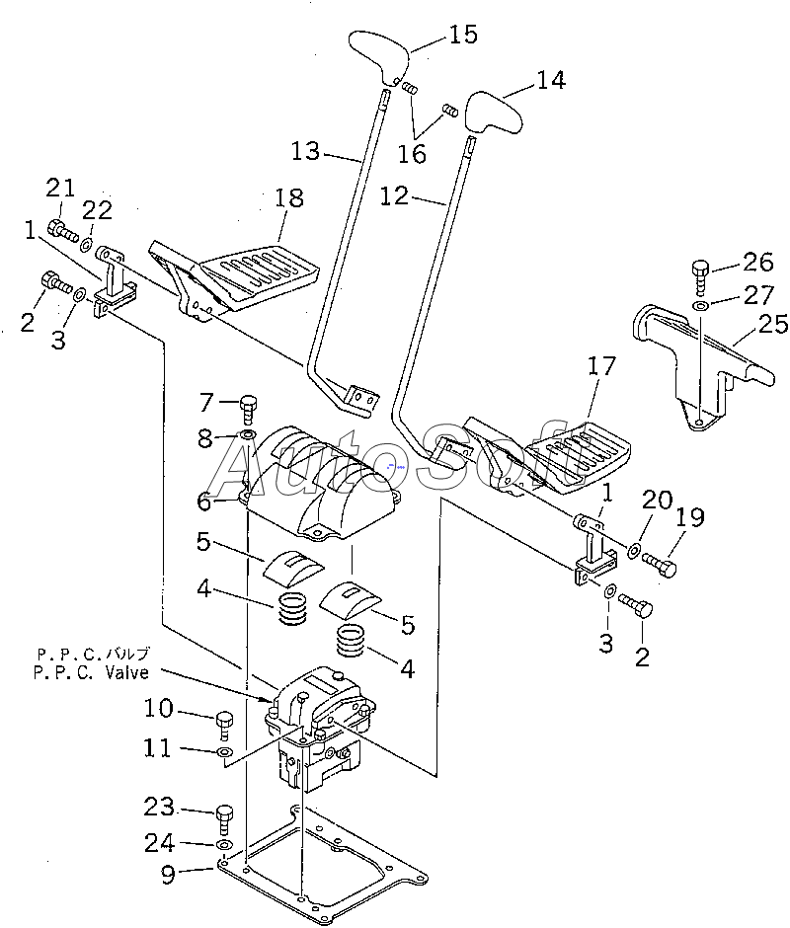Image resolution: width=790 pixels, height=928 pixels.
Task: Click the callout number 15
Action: click(x=463, y=35)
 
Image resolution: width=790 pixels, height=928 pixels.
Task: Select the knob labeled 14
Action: click(x=494, y=113)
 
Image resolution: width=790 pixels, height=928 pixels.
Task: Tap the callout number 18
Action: click(x=289, y=197)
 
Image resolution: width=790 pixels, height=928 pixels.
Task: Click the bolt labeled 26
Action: click(x=700, y=275)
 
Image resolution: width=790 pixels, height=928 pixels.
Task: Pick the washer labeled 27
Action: click(x=700, y=306)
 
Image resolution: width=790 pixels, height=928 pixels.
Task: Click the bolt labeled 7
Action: click(x=248, y=409)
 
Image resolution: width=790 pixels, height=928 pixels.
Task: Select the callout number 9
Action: click(x=169, y=874)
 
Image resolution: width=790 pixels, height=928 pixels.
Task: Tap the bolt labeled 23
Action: click(x=225, y=819)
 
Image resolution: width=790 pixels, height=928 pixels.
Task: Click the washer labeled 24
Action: click(x=224, y=844)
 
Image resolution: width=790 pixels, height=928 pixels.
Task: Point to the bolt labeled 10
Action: click(x=225, y=725)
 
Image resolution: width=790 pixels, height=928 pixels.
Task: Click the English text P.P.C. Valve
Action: click(x=91, y=673)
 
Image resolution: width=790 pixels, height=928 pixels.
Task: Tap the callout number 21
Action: click(x=61, y=189)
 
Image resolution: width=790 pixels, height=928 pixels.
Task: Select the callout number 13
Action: click(x=305, y=151)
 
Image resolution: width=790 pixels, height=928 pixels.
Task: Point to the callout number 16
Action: click(x=412, y=154)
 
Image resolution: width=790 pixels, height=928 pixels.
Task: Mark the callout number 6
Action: click(x=204, y=502)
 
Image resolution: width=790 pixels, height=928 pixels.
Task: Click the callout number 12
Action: click(x=394, y=195)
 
